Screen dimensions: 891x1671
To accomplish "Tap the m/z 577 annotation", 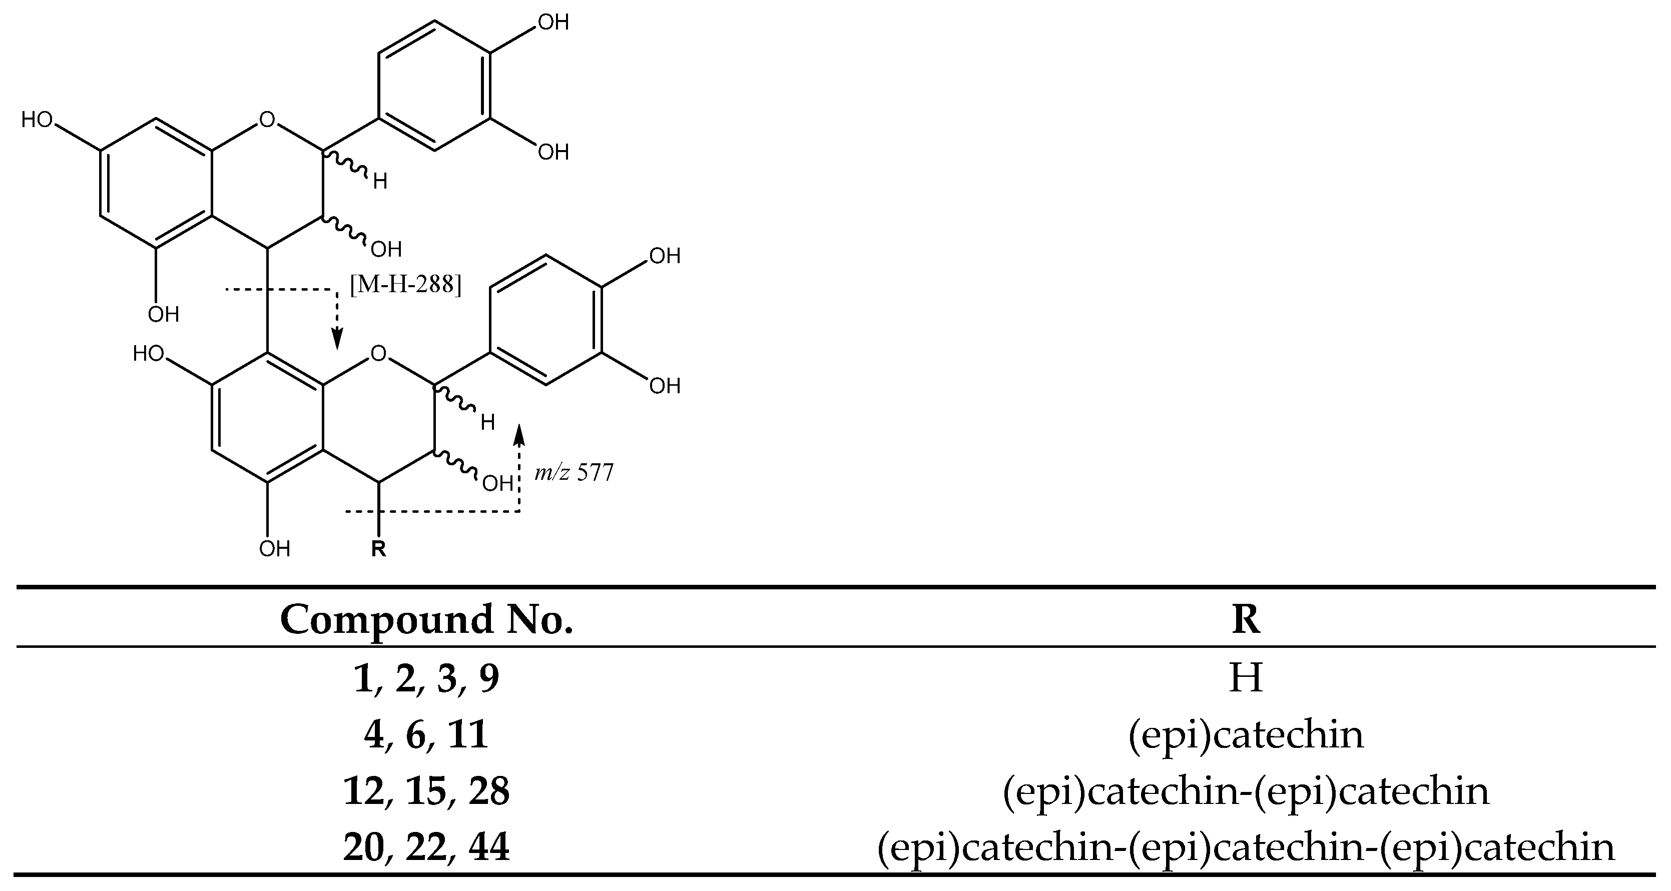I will click(x=574, y=473).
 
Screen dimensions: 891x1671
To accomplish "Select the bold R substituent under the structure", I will click(x=378, y=549).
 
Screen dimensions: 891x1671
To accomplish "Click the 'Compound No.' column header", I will click(x=426, y=619).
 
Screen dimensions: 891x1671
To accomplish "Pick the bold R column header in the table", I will click(x=1246, y=619).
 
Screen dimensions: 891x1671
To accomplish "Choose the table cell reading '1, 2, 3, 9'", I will click(x=426, y=678).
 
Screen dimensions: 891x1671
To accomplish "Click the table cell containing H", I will click(x=1246, y=678).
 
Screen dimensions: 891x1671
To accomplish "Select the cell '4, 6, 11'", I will click(x=426, y=735).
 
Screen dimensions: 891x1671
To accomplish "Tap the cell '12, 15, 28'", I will click(x=426, y=791).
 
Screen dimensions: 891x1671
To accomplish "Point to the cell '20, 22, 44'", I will click(x=426, y=847).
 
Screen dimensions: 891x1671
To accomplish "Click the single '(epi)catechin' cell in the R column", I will click(x=1246, y=735).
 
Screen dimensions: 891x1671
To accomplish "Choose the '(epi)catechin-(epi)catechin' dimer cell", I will click(x=1246, y=791).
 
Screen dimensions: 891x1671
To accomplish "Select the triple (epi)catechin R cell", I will click(x=1246, y=847).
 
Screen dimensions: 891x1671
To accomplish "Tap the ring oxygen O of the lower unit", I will click(x=378, y=353).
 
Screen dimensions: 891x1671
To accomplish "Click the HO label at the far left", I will click(x=37, y=120).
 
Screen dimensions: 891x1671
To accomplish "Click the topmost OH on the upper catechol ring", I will click(x=553, y=23).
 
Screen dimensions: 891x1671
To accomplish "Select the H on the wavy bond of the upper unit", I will click(x=380, y=182).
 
